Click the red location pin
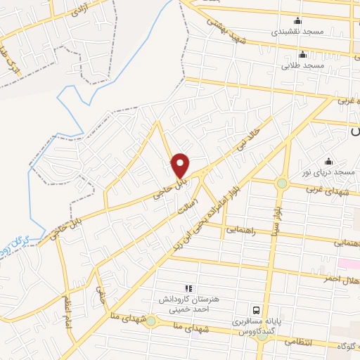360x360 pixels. pos(181,165)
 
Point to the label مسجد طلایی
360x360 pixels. pos(302,65)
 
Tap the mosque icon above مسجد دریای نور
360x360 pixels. pos(328,161)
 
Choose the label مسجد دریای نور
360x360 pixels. pos(333,172)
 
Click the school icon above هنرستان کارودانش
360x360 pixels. pos(188,288)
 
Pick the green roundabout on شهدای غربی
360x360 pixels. pos(282,184)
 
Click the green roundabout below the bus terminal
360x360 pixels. pos(262,336)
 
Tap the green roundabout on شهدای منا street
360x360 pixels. pos(150,321)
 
